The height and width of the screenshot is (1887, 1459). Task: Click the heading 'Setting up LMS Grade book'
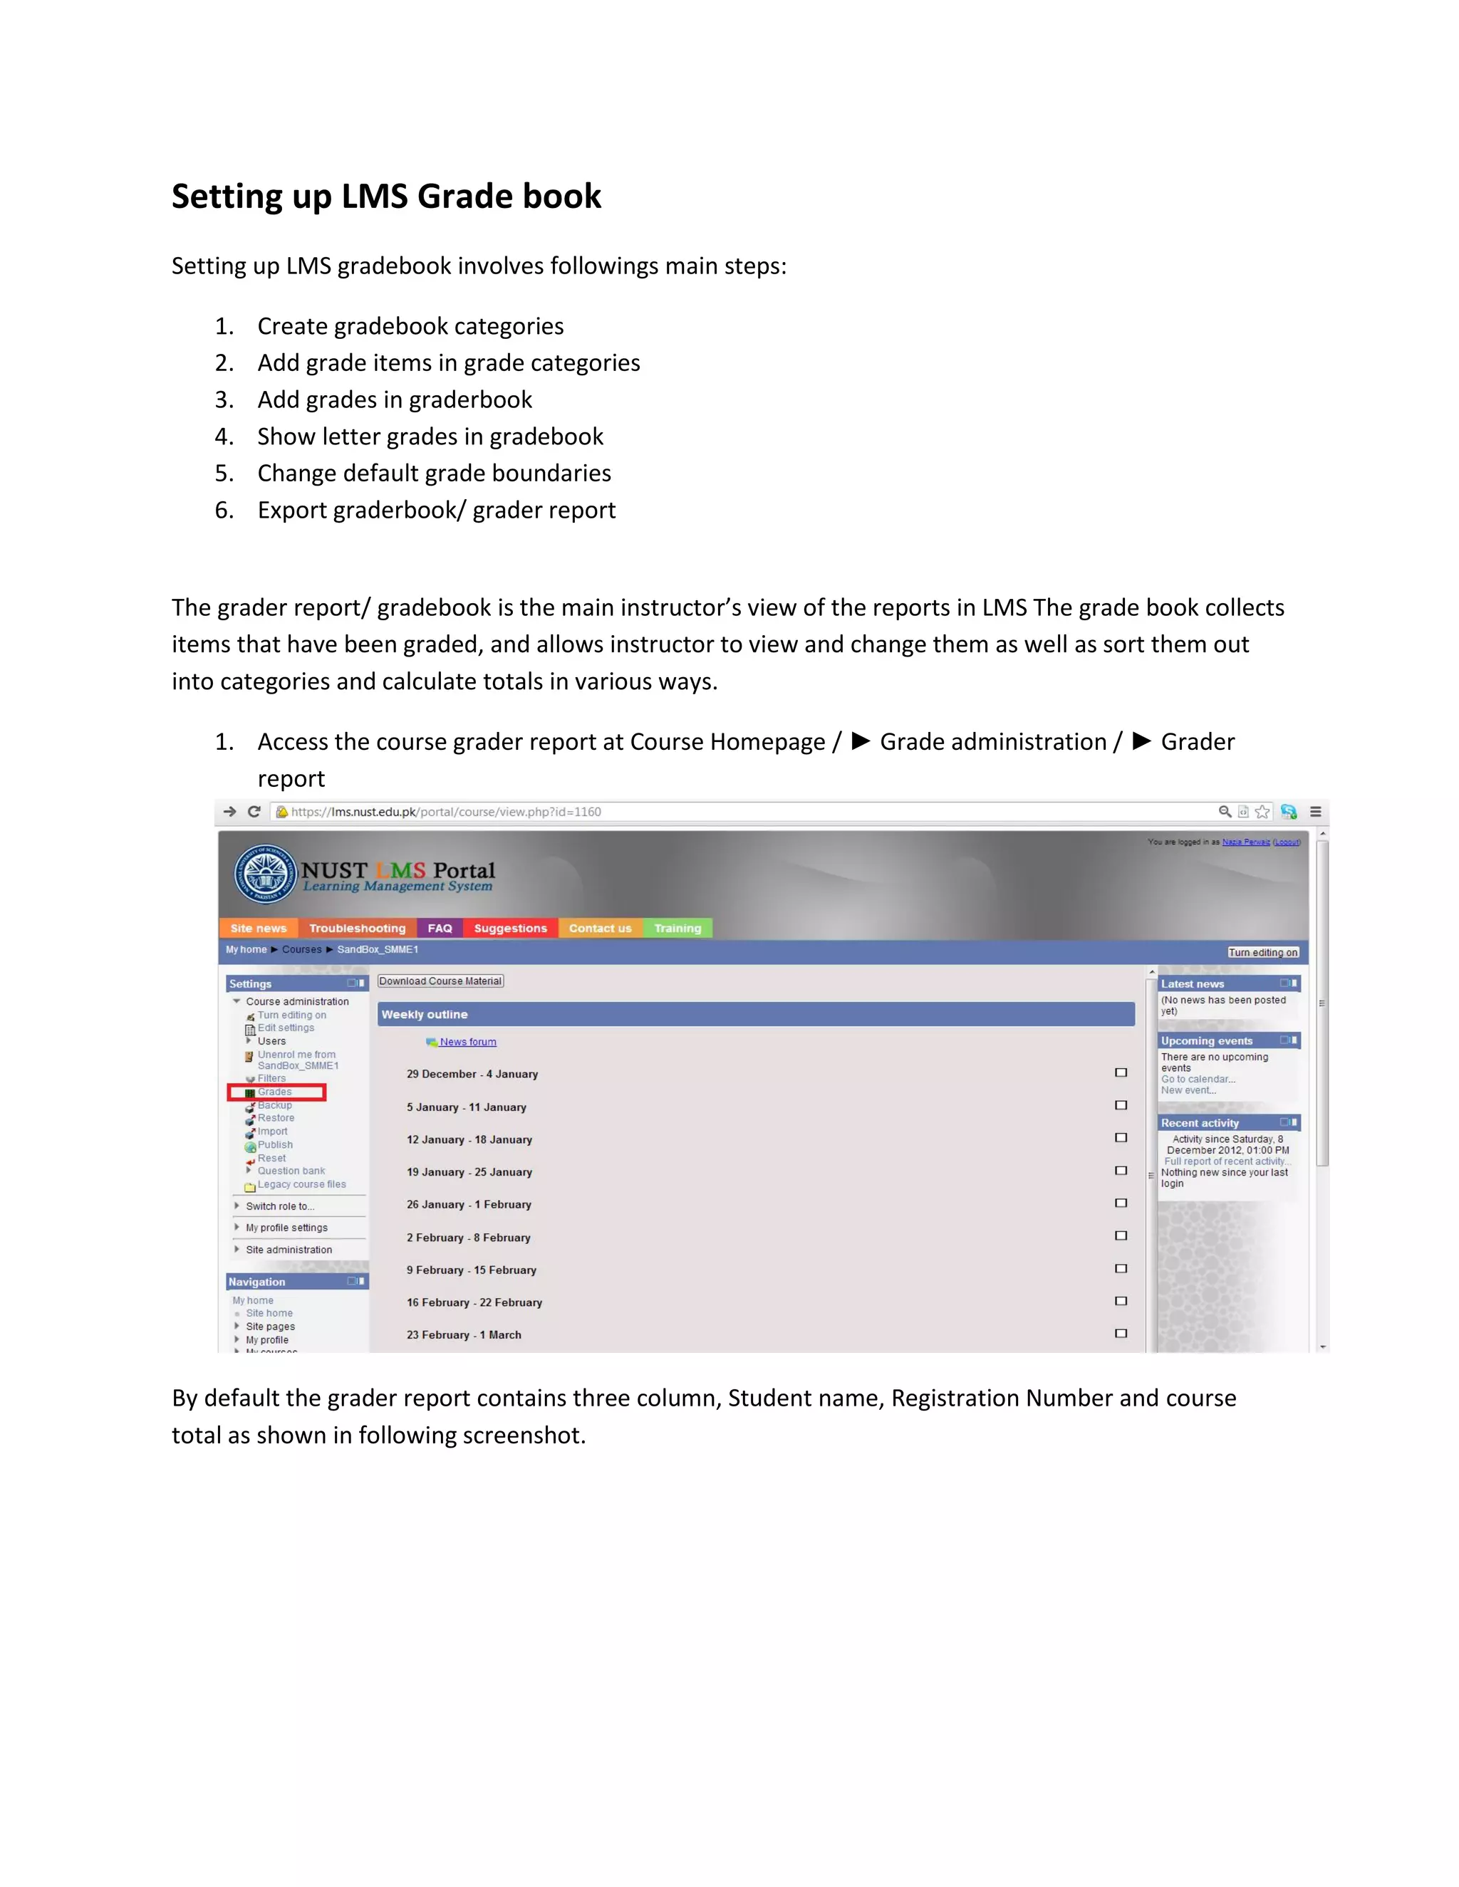click(385, 196)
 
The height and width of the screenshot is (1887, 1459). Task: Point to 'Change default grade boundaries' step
click(434, 473)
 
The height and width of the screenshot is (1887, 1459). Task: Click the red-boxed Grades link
click(275, 1092)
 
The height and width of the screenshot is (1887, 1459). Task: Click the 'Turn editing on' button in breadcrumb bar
click(1263, 952)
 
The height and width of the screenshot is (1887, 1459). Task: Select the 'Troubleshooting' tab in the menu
click(357, 928)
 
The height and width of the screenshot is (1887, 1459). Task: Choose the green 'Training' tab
click(677, 928)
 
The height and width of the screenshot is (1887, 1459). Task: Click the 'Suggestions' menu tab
click(510, 928)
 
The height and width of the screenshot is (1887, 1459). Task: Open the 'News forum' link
click(467, 1042)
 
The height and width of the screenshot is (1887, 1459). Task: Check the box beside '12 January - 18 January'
click(1121, 1138)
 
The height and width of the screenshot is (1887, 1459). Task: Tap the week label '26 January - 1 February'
click(469, 1204)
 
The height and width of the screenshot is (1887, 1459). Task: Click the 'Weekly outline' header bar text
click(425, 1014)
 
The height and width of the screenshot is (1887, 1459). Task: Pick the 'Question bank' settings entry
click(291, 1171)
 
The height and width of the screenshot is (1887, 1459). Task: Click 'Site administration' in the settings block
click(289, 1250)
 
